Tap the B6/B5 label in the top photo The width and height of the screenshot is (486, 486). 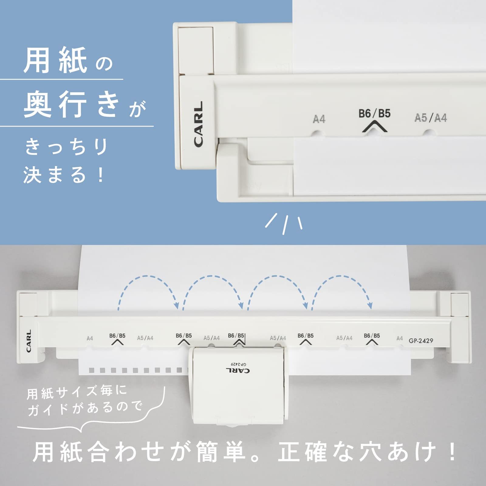(374, 114)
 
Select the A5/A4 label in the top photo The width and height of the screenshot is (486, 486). (431, 118)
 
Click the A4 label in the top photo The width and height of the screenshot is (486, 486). (319, 119)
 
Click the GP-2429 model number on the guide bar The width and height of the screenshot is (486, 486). (421, 341)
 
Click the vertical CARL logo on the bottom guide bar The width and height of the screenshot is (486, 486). (29, 341)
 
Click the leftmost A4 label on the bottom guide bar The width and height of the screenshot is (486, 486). (90, 338)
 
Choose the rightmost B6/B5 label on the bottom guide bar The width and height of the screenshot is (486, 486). (372, 336)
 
